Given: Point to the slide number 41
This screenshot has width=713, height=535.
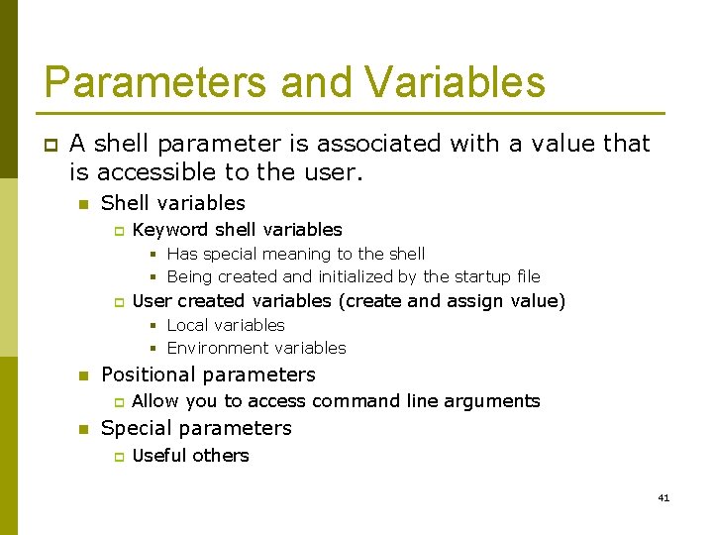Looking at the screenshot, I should point(663,497).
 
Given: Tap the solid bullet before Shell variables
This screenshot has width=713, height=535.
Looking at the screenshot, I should point(83,204).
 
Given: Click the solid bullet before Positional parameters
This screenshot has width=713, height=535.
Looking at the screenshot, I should point(83,375).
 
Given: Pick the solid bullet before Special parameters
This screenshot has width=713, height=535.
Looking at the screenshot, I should point(83,429).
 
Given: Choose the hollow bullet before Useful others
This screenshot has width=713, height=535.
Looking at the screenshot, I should point(116,457).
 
